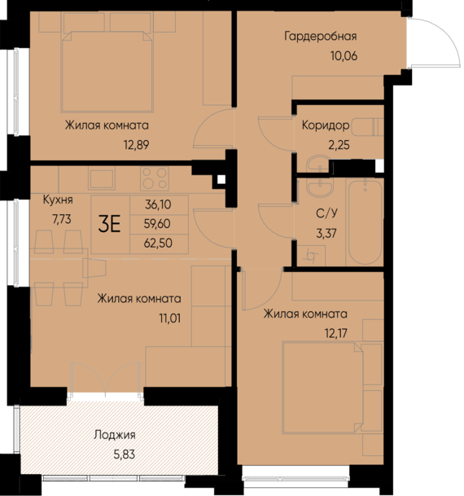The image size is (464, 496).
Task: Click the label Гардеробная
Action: click(321, 37)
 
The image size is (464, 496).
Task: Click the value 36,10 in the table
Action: click(159, 206)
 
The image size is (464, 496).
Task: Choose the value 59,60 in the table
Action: click(159, 224)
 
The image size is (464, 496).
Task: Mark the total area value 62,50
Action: click(159, 243)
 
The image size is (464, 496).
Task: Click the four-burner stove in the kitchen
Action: click(153, 178)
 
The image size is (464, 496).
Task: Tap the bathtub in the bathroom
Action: click(365, 223)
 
